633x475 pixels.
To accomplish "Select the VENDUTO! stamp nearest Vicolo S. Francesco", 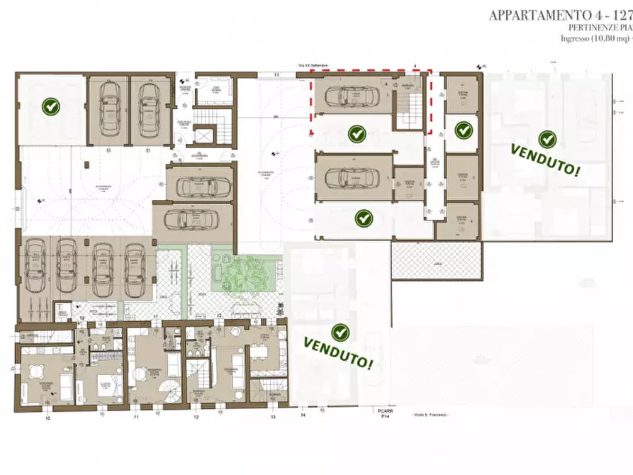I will [339, 352].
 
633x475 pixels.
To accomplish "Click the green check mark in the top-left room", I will [51, 107].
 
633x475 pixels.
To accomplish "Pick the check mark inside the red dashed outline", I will [357, 133].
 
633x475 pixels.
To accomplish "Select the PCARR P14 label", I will [385, 413].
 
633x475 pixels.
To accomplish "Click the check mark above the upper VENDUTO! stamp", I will [546, 139].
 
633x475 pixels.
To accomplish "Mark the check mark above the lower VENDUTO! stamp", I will [341, 332].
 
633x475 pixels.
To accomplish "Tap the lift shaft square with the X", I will [204, 136].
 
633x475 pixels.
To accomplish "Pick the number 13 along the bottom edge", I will [272, 418].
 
